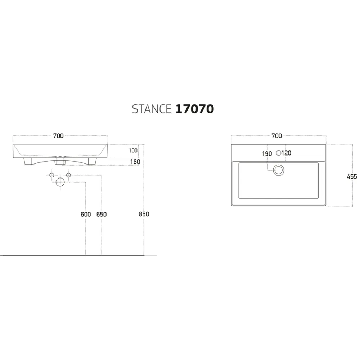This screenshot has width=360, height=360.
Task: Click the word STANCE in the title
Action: pos(152,109)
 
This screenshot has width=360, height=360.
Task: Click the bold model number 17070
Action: pos(195,109)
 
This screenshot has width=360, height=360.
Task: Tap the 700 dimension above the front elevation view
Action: pos(58,136)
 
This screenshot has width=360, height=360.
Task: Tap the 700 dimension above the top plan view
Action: pos(276,136)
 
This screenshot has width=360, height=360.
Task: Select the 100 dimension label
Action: pos(133,150)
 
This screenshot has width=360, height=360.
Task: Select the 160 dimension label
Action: pos(135,162)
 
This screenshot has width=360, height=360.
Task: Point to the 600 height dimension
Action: pos(86,215)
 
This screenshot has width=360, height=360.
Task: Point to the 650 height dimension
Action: pos(102,215)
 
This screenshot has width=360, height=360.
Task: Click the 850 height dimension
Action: pos(144,214)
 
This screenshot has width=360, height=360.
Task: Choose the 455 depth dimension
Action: pos(352,176)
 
